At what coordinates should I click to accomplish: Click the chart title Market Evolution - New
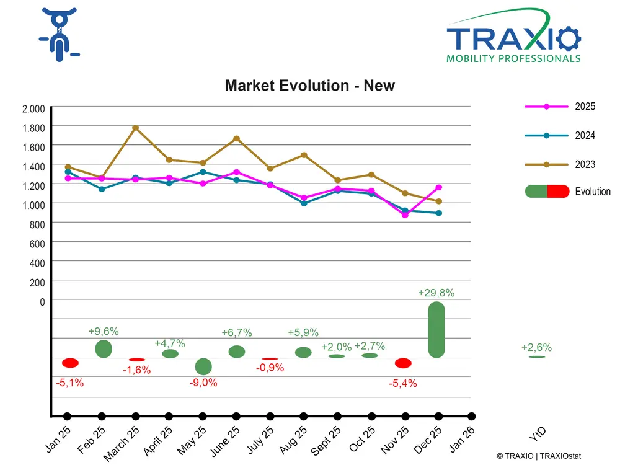[x=309, y=86]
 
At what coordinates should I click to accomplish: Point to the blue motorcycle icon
[x=60, y=36]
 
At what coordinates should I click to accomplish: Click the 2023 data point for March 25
[x=135, y=128]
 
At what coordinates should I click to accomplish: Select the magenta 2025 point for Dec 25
[x=438, y=187]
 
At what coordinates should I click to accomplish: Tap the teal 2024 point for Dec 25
[x=438, y=213]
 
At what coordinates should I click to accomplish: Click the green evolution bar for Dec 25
[x=436, y=330]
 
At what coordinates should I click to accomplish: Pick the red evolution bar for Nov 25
[x=403, y=363]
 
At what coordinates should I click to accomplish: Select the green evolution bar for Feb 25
[x=104, y=348]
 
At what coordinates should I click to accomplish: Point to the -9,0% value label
[x=203, y=383]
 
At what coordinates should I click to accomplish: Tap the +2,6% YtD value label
[x=536, y=348]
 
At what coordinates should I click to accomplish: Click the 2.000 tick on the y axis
[x=33, y=109]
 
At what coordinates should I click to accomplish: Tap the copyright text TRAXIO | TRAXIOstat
[x=539, y=456]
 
